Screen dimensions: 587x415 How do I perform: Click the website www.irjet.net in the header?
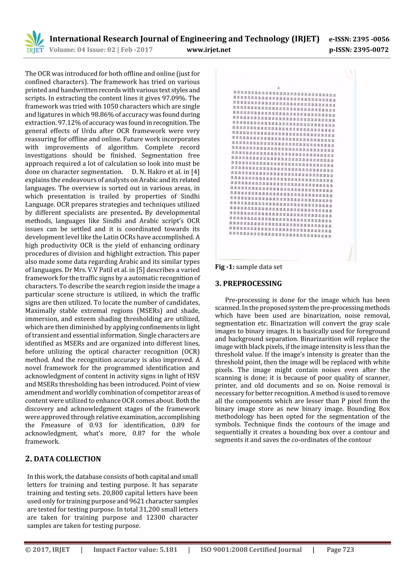pos(209,50)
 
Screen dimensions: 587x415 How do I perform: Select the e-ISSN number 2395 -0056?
pos(371,39)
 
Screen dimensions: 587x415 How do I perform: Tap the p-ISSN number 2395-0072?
pos(371,50)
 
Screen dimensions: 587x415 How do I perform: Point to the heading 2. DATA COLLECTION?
pos(63,459)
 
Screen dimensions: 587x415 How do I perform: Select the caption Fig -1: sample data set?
pos(249,267)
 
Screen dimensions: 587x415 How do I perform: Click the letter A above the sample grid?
pos(278,88)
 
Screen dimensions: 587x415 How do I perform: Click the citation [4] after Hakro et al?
pos(195,172)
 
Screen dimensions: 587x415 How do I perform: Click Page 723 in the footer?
pos(340,550)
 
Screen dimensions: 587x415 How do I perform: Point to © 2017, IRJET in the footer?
pos(48,550)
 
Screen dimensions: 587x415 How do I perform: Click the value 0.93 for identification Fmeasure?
pos(96,425)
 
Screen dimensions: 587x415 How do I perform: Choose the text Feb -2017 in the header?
pos(137,50)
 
